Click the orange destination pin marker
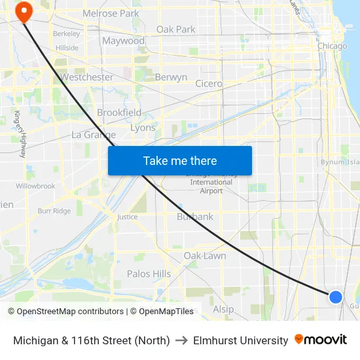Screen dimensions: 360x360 [24, 10]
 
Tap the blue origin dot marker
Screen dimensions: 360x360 [336, 297]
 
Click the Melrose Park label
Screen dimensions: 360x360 [111, 13]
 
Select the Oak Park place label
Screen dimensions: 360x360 [175, 29]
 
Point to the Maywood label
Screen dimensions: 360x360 [123, 41]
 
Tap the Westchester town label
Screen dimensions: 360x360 [86, 77]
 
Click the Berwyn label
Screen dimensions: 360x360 [171, 77]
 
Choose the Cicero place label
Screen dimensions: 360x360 [209, 84]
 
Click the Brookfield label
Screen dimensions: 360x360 [119, 113]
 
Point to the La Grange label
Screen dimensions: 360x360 [93, 135]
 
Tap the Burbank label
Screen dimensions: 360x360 [195, 217]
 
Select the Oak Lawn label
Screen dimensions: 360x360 [204, 255]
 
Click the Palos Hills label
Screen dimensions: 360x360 [149, 274]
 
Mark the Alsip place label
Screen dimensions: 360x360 [223, 309]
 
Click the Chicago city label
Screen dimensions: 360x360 [332, 46]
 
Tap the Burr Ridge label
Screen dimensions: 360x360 [54, 211]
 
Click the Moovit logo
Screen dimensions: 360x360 [321, 340]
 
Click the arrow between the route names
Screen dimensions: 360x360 [181, 340]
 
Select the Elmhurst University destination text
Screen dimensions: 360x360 [240, 340]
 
